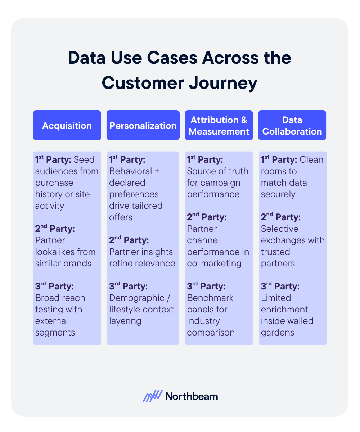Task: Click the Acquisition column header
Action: pos(67,125)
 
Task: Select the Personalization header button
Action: pos(143,125)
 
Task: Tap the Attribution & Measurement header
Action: pos(219,125)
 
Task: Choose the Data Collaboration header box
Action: pos(292,125)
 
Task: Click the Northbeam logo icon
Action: pos(153,396)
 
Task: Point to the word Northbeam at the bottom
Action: pos(192,396)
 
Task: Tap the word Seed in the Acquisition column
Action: pos(84,159)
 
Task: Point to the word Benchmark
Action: pos(210,298)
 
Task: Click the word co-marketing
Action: pos(214,263)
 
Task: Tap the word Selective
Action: pos(280,229)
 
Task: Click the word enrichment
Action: pos(284,309)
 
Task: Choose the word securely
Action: pos(278,194)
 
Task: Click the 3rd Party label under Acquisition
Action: pos(54,286)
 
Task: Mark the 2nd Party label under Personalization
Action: pos(129,240)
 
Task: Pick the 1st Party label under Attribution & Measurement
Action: pos(205,159)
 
